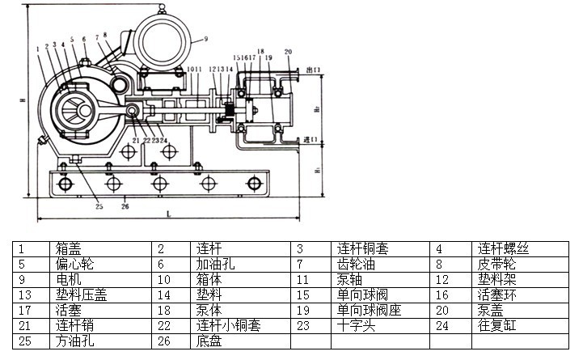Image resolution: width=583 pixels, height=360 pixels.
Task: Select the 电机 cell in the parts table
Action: (x=69, y=280)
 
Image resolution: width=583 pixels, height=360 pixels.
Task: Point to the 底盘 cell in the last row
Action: (x=209, y=341)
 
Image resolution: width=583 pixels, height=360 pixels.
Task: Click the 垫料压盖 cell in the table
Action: (x=81, y=295)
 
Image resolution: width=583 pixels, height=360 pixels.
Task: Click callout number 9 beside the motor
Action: (x=205, y=39)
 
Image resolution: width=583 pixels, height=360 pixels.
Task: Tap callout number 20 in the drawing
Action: (x=288, y=53)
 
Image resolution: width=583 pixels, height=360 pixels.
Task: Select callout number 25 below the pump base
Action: (x=99, y=206)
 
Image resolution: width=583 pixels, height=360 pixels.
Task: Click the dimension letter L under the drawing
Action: (x=167, y=214)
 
